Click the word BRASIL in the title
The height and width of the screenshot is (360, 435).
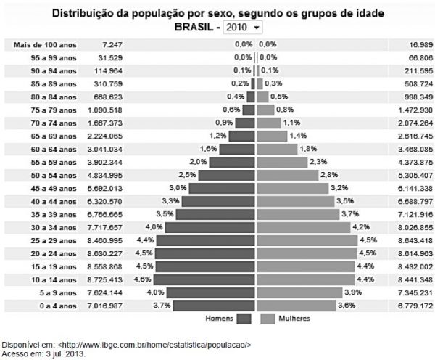point(196,27)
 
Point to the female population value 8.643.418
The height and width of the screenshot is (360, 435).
point(416,240)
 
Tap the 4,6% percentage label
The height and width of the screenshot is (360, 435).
point(144,279)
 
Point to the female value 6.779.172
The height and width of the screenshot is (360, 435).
point(416,306)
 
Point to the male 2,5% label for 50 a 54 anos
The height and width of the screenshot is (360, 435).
point(187,175)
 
